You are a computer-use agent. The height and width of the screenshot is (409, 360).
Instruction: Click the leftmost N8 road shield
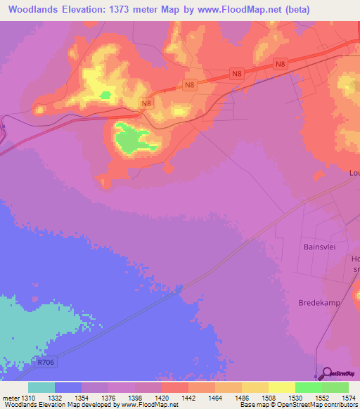click(x=146, y=103)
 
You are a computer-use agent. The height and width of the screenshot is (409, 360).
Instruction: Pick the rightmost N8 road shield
click(x=281, y=65)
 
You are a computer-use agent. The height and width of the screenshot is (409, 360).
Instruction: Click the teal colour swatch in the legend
click(x=41, y=387)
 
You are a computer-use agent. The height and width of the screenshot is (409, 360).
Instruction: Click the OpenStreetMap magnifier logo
click(x=326, y=374)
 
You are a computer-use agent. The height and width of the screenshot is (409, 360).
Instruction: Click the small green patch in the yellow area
click(x=105, y=95)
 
